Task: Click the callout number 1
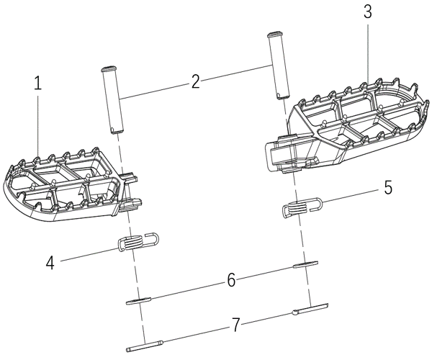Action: (x=38, y=83)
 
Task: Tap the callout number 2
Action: (x=196, y=81)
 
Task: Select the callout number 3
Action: (x=368, y=12)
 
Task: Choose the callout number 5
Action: (x=387, y=189)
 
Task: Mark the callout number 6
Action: (x=231, y=280)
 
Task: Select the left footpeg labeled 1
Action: (x=65, y=187)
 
